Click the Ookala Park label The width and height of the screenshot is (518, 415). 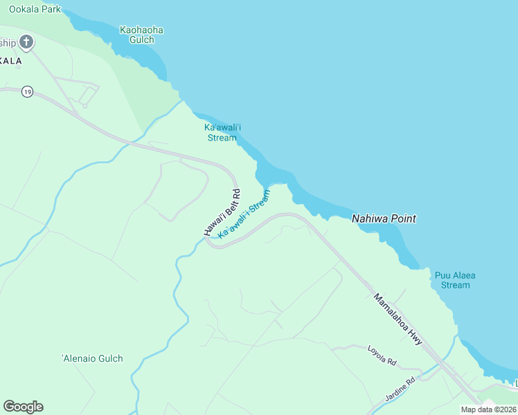[x=35, y=10]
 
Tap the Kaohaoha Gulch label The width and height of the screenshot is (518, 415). [x=141, y=35]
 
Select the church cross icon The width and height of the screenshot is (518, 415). [x=26, y=43]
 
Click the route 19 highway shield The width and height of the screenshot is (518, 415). [x=27, y=91]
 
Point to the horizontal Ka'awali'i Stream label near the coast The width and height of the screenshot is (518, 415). [x=222, y=132]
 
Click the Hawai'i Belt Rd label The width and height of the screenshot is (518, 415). [x=222, y=212]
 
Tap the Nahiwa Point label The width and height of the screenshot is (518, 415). [x=384, y=219]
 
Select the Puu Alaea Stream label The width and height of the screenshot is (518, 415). [x=455, y=280]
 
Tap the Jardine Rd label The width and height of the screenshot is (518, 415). [x=400, y=389]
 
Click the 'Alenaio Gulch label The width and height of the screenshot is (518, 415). [x=92, y=358]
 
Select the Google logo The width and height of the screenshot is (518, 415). [x=23, y=407]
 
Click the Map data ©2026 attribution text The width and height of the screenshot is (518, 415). [x=489, y=409]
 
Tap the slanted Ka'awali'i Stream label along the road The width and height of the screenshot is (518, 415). [x=244, y=214]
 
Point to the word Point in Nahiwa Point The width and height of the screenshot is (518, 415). [x=402, y=219]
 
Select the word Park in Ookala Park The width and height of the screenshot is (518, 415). [x=51, y=10]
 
